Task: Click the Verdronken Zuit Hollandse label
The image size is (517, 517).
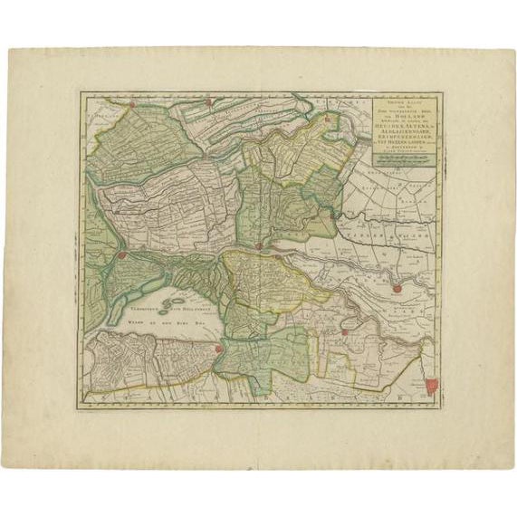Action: [187, 310]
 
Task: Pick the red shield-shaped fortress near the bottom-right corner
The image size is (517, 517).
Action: [431, 385]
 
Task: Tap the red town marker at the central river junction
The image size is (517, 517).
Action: [259, 244]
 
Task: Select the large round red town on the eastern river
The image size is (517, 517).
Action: [396, 288]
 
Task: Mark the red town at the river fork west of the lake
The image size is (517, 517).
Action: [120, 258]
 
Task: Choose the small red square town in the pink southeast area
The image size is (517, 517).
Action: [345, 332]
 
